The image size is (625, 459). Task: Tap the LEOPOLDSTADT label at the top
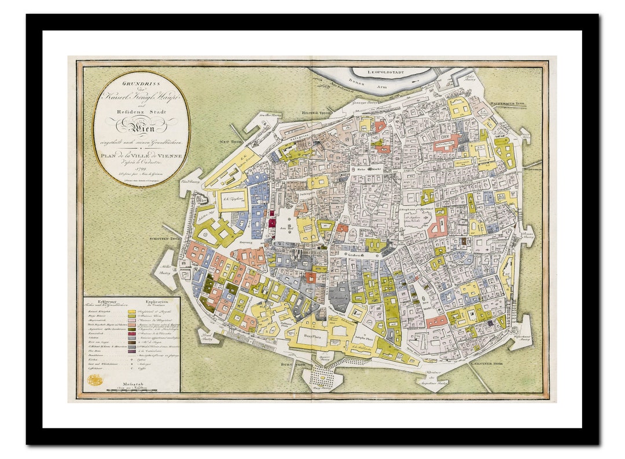pyautogui.click(x=391, y=72)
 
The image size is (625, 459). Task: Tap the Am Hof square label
pyautogui.click(x=286, y=229)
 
